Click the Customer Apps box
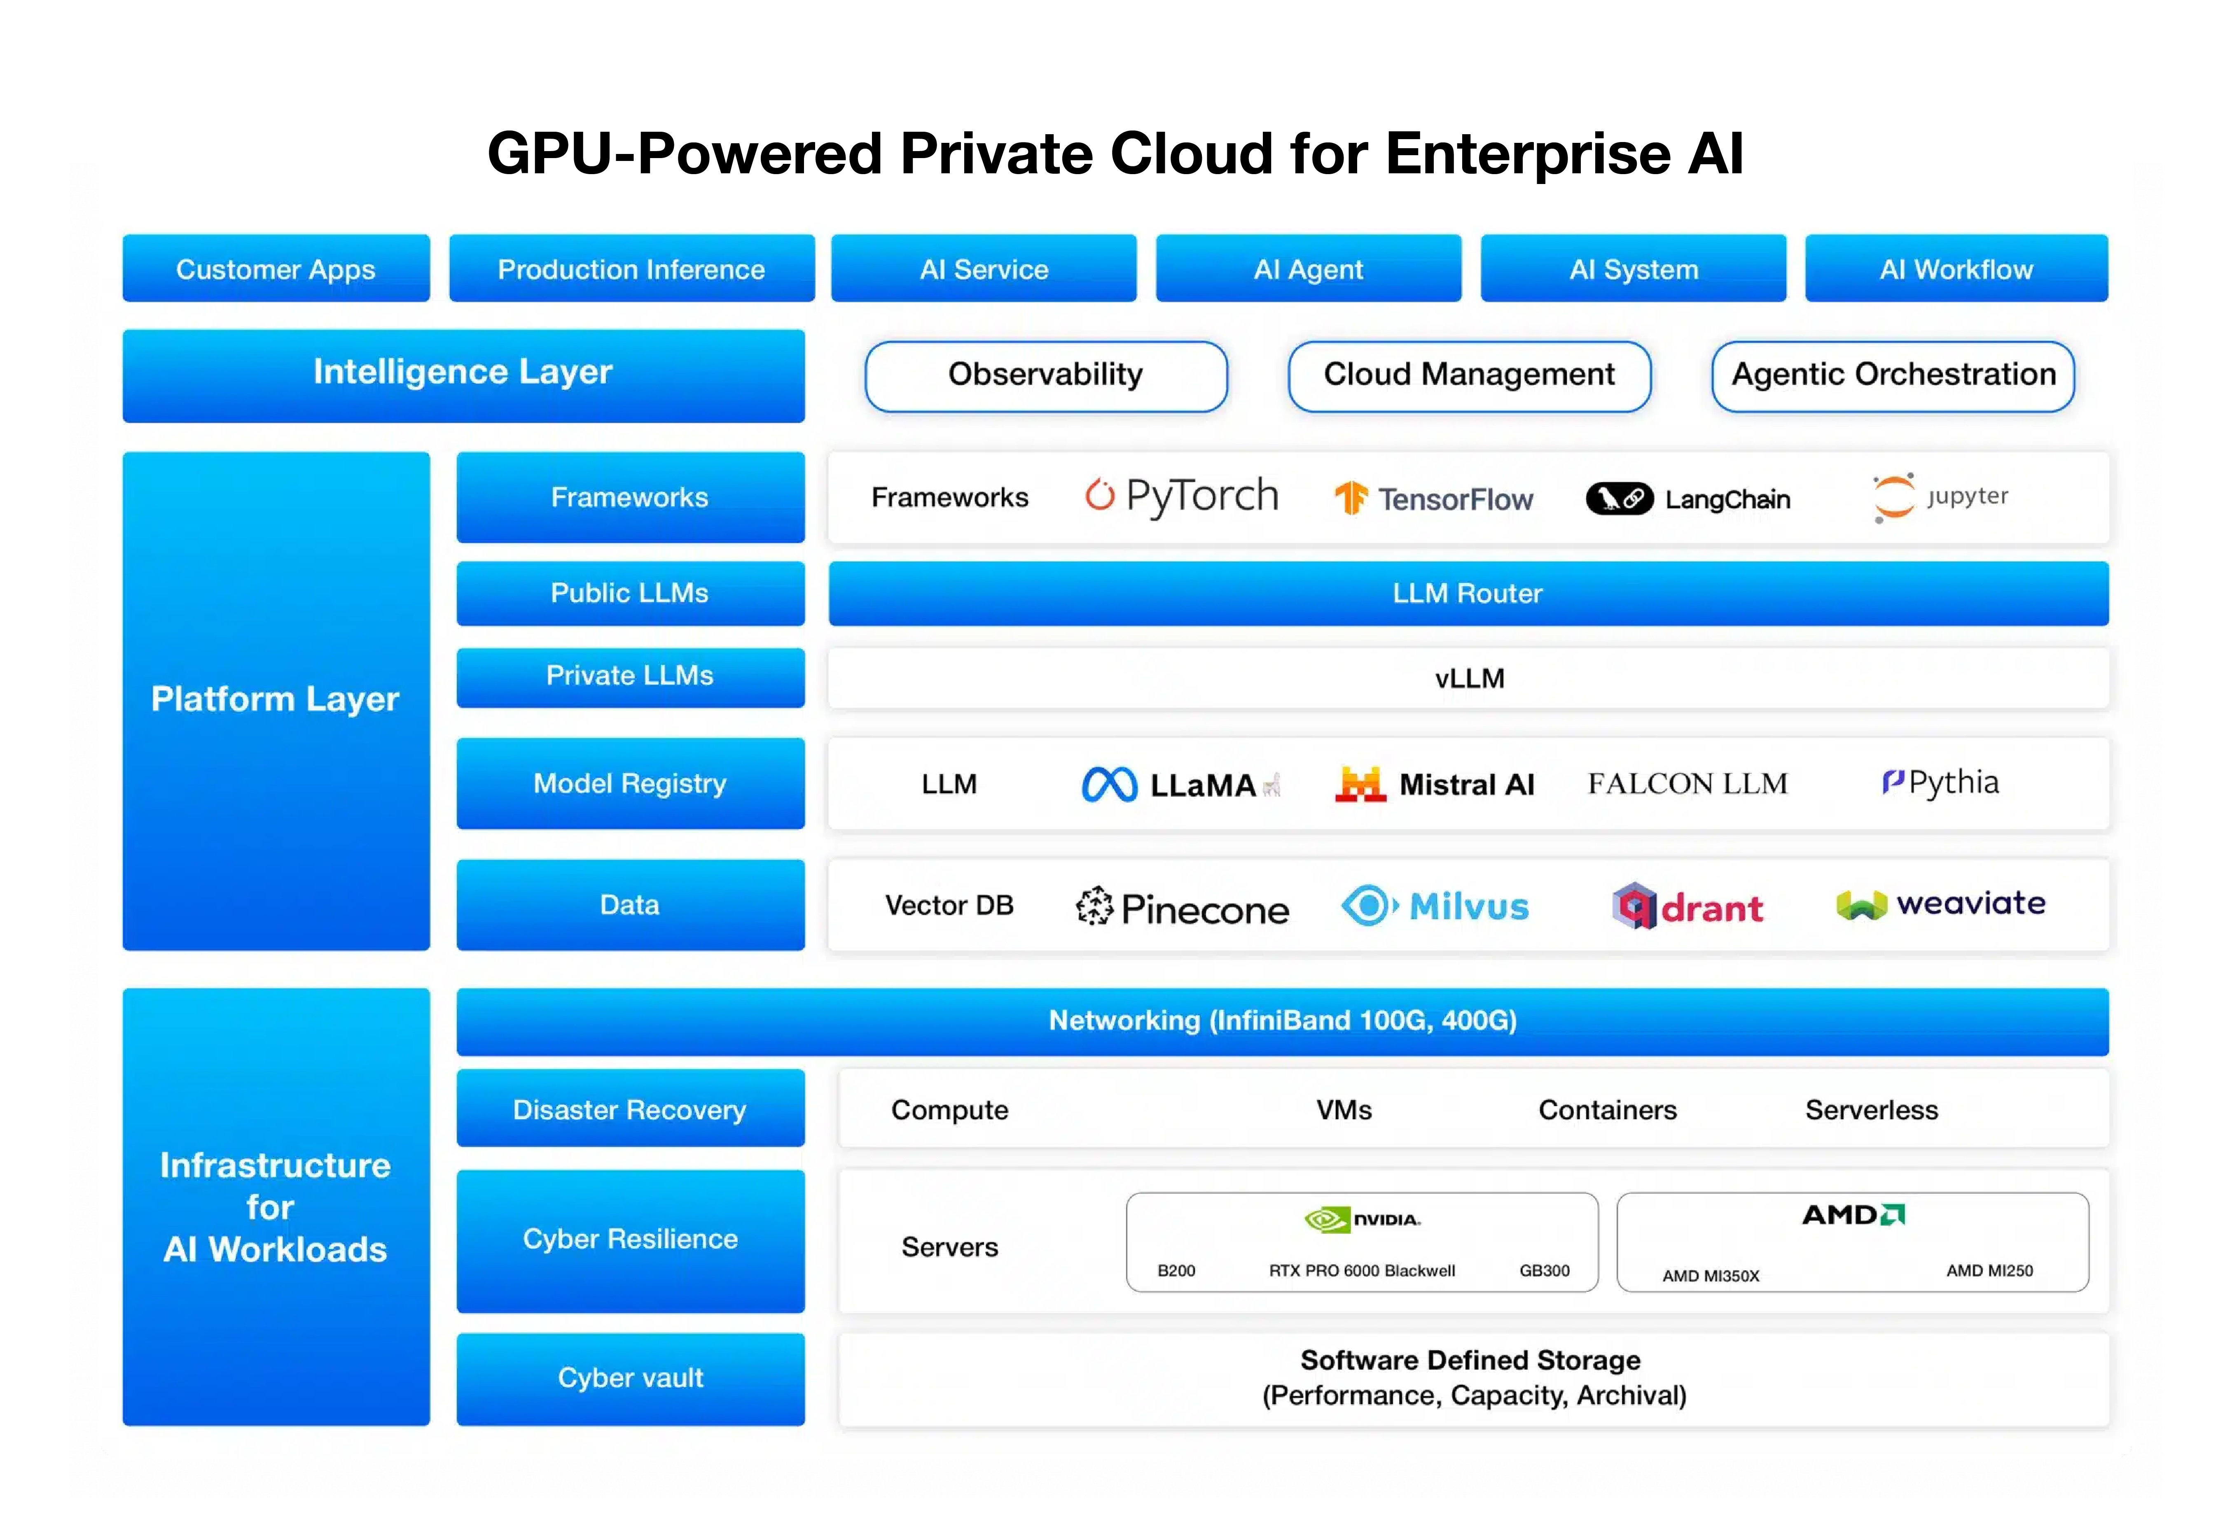[x=276, y=268]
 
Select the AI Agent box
[x=1308, y=268]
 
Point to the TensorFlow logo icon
[x=1351, y=498]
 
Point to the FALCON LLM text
[x=1687, y=783]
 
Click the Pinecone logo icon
[x=1095, y=906]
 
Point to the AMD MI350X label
[x=1711, y=1276]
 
